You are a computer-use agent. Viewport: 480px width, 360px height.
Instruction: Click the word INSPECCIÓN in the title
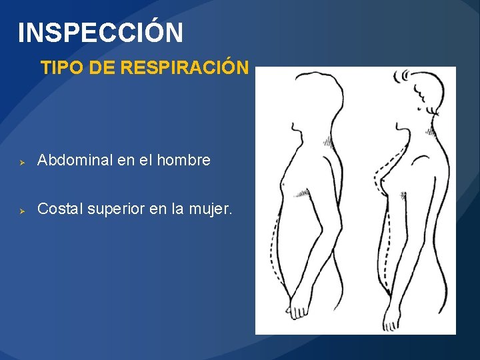pos(100,32)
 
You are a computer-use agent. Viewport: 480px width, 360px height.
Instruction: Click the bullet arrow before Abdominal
pos(21,161)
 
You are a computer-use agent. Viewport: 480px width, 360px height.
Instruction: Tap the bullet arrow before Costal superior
pos(21,211)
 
